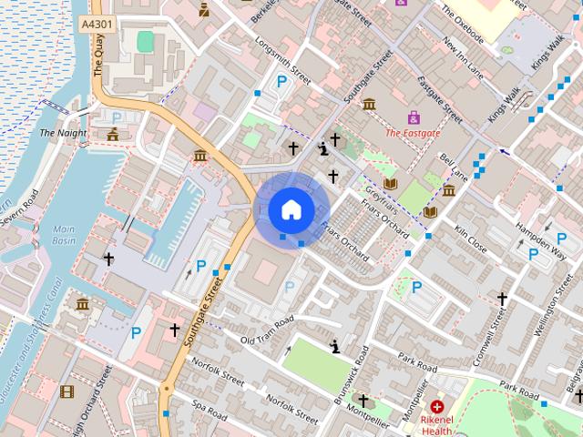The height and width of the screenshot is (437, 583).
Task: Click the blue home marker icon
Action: (291, 210)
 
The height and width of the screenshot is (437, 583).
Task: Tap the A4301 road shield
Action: (96, 25)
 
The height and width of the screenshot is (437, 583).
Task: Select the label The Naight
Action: (63, 133)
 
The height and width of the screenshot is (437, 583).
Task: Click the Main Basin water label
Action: (63, 235)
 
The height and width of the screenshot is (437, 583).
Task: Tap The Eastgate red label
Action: (413, 133)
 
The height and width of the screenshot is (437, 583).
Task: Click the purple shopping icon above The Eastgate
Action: (414, 117)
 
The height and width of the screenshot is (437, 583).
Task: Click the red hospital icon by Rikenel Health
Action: (438, 406)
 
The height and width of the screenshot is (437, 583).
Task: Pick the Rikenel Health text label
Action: (438, 426)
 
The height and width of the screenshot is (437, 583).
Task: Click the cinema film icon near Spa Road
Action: (66, 392)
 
